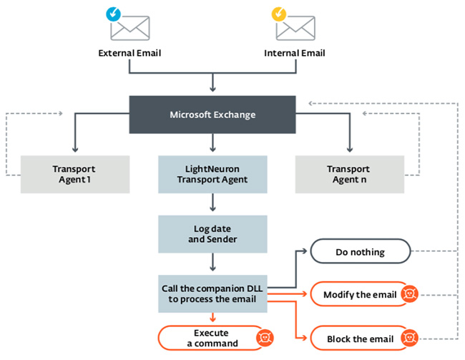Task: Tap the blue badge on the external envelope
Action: click(113, 13)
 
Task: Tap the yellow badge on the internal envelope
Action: click(278, 13)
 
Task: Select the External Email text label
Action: click(129, 53)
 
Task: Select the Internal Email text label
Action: click(294, 53)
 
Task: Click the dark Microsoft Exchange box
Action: click(212, 115)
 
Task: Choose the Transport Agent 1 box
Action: click(74, 174)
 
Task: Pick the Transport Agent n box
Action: click(349, 174)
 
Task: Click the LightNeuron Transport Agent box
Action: click(212, 174)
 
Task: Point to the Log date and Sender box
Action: click(212, 233)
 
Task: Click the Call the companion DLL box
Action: click(212, 293)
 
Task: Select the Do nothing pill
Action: click(360, 252)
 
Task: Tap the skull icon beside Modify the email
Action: click(409, 294)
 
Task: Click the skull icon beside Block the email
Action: click(409, 336)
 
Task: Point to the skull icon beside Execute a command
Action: click(263, 338)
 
